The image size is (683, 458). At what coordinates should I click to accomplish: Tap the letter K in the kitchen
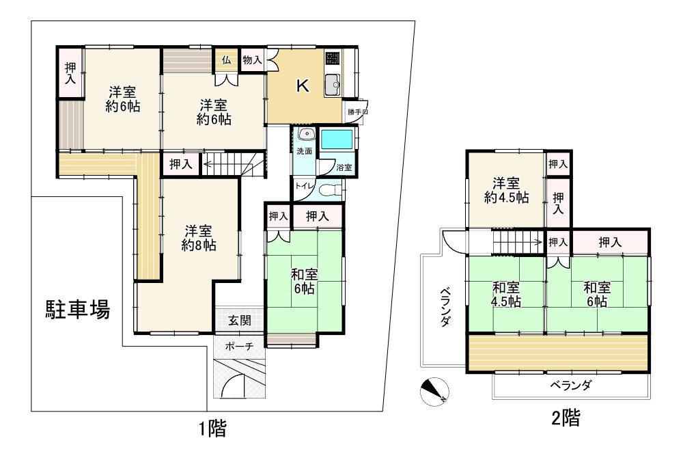302,86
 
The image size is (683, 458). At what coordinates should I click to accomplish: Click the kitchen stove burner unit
331,58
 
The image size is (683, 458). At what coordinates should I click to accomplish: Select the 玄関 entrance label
239,320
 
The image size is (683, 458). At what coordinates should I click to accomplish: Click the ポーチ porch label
239,347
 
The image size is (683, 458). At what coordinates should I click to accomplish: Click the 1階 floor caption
212,429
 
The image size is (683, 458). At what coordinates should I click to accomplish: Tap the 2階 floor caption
566,417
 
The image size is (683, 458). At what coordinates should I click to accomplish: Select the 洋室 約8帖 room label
199,237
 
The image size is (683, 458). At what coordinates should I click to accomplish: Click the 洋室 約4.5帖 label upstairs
506,190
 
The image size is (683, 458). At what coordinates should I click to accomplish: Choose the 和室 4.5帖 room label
506,295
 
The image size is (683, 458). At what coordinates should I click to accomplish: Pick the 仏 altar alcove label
225,59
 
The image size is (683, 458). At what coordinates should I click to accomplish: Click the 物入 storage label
252,59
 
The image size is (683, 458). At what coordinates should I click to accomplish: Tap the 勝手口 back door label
357,111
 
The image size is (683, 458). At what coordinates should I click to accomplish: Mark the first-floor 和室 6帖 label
304,281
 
